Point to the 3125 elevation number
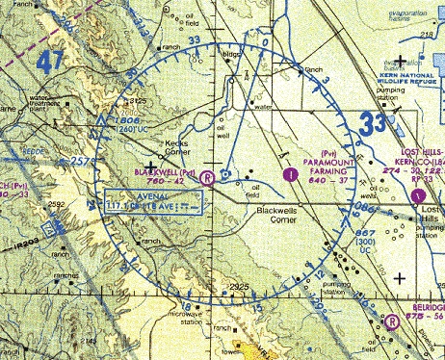point(138,101)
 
